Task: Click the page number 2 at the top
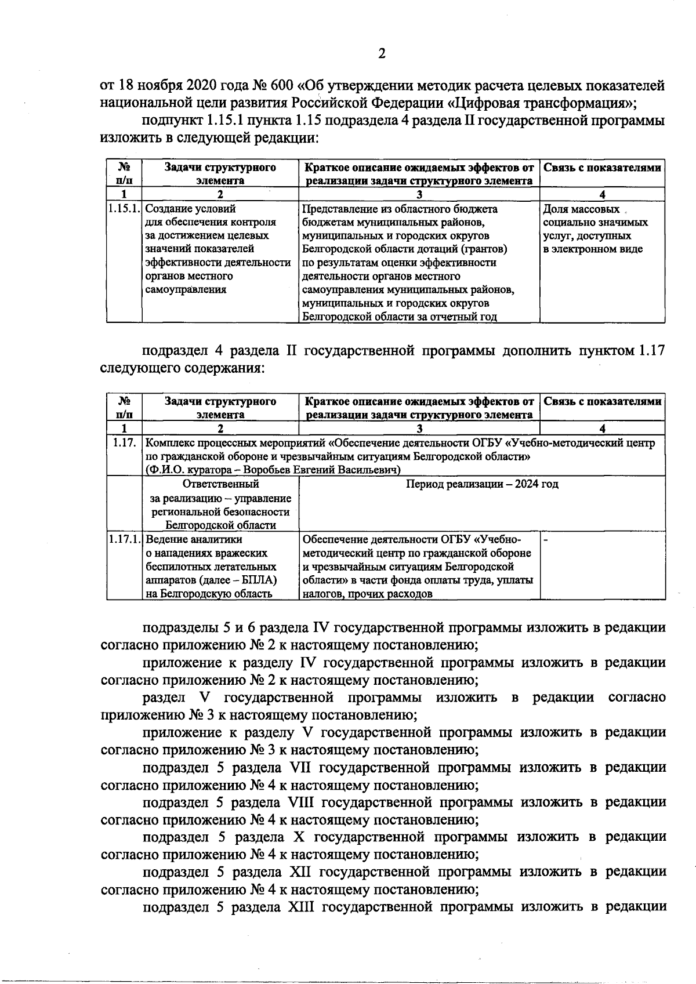point(382,54)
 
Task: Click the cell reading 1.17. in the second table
point(124,443)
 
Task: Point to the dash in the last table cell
point(545,539)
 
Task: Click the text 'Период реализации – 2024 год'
point(482,484)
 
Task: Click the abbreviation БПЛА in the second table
point(260,580)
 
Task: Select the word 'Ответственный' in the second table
point(220,484)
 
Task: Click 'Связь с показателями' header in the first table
point(602,168)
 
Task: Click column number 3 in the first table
point(419,194)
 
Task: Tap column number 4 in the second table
point(602,429)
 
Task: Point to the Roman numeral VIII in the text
point(300,802)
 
